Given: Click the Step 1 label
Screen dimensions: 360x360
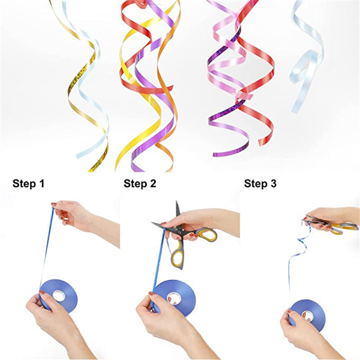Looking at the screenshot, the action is (28, 184).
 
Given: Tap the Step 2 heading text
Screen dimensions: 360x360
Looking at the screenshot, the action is (140, 184).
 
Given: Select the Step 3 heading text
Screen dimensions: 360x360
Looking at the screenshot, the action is (260, 184).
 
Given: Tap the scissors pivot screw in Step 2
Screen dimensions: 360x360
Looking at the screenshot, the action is (180, 232).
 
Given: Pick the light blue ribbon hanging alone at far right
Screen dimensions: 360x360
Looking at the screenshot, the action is (306, 58).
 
